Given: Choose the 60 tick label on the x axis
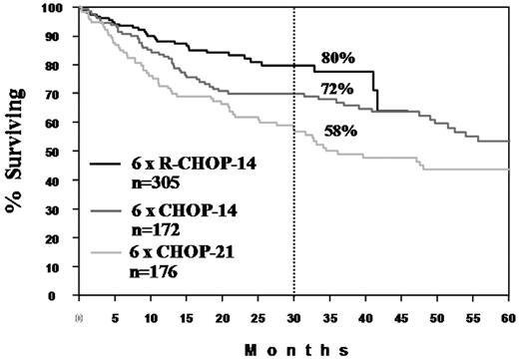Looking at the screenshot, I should click(509, 314).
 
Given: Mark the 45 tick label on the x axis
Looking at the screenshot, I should click(401, 314).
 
